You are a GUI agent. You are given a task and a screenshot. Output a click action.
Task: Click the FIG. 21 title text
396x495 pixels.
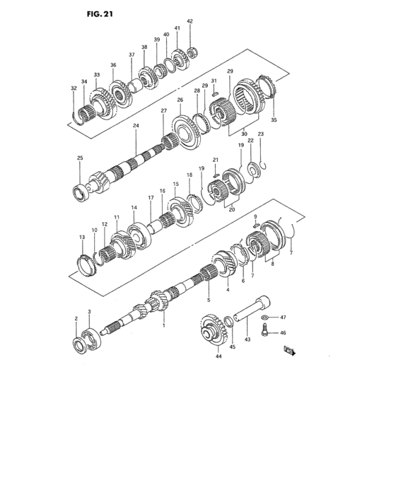click(100, 14)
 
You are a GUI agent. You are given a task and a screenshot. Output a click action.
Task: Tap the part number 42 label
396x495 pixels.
click(190, 21)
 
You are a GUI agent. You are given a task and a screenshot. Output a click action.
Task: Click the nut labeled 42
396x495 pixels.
click(192, 52)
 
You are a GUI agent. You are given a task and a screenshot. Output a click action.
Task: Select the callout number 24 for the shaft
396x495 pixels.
click(136, 125)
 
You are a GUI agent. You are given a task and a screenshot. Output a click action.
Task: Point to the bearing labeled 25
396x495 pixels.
click(81, 192)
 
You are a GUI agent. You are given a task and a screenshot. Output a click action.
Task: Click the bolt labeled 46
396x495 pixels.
click(265, 331)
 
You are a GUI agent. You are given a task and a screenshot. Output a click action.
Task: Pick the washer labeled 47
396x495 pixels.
click(265, 317)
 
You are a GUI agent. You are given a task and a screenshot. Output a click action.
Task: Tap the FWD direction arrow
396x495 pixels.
click(290, 351)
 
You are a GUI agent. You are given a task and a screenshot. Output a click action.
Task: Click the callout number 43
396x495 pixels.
click(248, 339)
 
